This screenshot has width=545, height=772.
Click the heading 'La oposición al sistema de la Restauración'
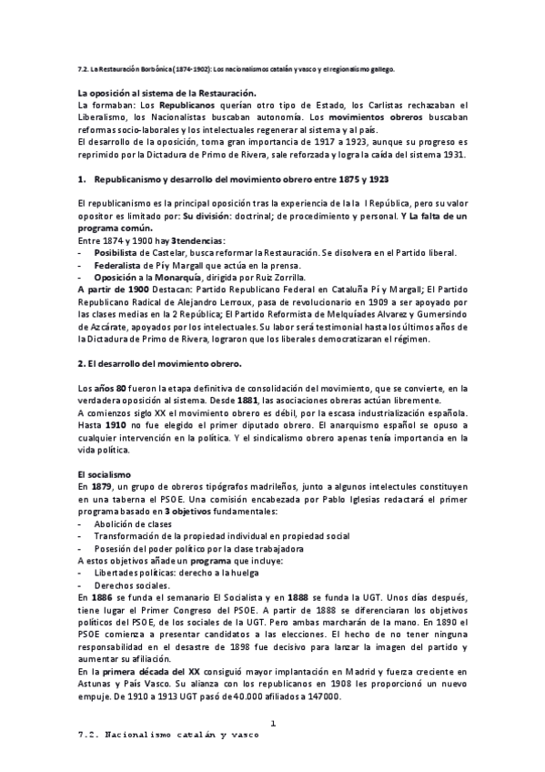(167, 93)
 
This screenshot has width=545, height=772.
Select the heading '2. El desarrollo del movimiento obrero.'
(160, 364)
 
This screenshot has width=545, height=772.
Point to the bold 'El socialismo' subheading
(105, 475)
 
